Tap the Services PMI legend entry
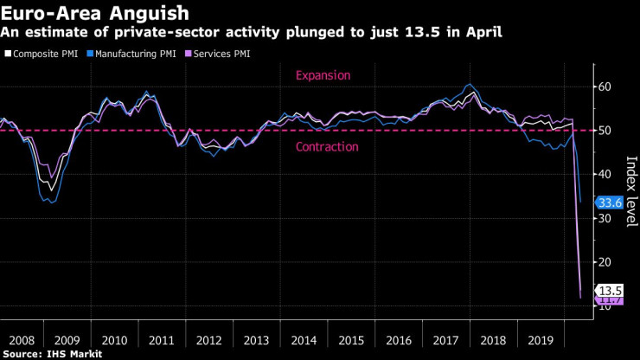coord(227,54)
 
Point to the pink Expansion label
coord(323,75)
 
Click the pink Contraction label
coord(327,147)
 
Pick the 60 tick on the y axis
coord(605,87)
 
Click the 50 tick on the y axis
coord(605,131)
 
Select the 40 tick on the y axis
coord(605,174)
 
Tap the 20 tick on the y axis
coord(605,262)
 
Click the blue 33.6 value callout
coord(610,203)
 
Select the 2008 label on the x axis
coord(22,340)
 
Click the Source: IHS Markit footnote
coord(54,354)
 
